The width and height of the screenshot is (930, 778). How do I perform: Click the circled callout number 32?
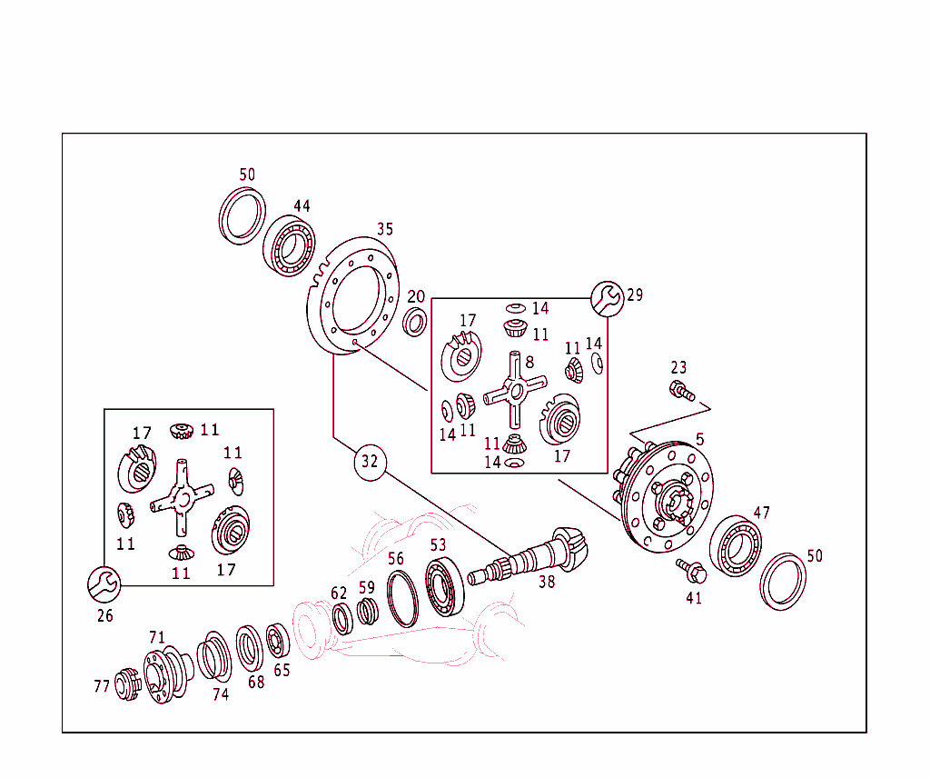click(369, 461)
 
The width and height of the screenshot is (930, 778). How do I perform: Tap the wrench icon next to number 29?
click(607, 297)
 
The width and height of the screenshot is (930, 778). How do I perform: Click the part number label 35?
click(385, 229)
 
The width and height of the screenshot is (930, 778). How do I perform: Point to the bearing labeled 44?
click(290, 245)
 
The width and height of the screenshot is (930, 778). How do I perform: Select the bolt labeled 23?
click(679, 392)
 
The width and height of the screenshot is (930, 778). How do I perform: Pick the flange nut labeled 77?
click(126, 684)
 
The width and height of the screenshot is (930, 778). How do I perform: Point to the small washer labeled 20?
click(416, 321)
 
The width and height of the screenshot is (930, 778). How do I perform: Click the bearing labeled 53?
click(444, 590)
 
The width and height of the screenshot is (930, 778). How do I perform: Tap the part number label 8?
click(529, 362)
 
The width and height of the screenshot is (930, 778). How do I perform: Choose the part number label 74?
click(221, 694)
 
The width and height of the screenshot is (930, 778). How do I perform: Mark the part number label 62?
click(339, 593)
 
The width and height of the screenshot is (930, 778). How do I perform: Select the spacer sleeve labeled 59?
click(366, 613)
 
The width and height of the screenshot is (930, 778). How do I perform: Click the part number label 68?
click(256, 682)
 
